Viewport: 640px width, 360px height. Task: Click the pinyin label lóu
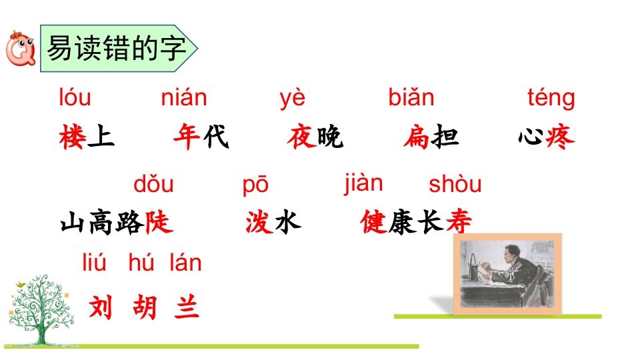click(x=75, y=99)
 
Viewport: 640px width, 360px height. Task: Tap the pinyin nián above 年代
click(x=184, y=99)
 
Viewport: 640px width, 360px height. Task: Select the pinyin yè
click(x=292, y=99)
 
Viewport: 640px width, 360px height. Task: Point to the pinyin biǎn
click(x=411, y=99)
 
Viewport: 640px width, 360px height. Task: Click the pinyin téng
click(x=551, y=99)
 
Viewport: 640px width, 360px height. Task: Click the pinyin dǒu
click(x=153, y=184)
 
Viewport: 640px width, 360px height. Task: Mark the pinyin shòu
click(x=455, y=184)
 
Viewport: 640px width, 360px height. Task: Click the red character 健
click(x=373, y=222)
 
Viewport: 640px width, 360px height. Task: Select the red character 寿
click(x=459, y=222)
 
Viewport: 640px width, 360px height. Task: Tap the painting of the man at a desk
click(x=509, y=274)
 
